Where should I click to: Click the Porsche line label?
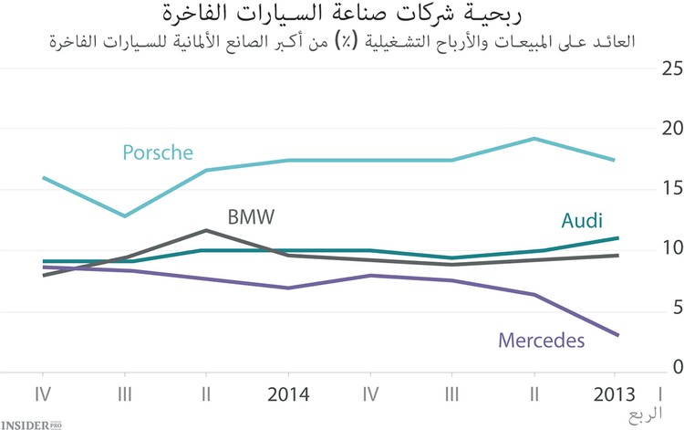pos(158,152)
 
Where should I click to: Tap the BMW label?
pos(251,218)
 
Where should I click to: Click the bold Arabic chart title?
pos(342,14)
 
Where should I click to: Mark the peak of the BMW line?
pos(207,230)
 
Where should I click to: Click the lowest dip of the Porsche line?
pos(125,216)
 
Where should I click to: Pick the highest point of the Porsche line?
pos(534,139)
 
